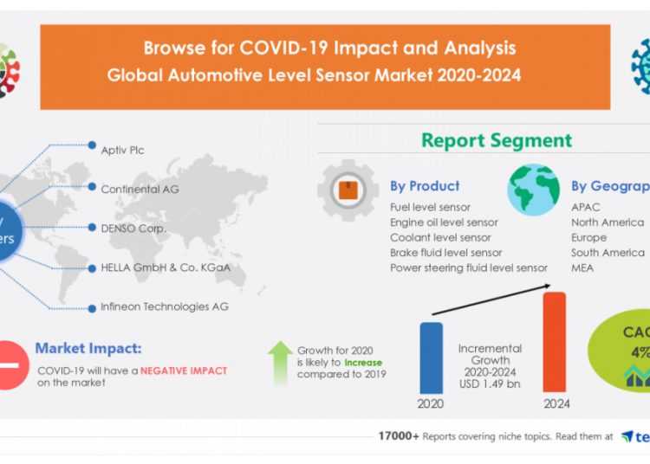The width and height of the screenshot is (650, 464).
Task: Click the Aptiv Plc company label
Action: point(122,151)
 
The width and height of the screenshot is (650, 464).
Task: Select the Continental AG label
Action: point(140,189)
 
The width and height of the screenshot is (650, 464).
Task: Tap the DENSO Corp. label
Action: point(133,229)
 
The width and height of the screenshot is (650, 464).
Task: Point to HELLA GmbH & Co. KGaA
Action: point(166,267)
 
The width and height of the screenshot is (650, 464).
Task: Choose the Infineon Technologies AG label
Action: point(165,306)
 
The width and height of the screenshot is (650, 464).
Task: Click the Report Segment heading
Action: point(497,140)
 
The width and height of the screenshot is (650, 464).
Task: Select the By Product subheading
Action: point(425,186)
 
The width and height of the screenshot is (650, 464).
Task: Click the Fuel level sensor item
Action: point(430,208)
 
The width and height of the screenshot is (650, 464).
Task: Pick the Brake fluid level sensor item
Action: point(445,253)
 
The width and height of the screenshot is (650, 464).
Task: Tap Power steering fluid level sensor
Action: point(468,268)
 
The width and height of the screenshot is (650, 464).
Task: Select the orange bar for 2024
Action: point(554,343)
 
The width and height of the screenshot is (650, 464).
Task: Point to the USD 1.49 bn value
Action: point(491,384)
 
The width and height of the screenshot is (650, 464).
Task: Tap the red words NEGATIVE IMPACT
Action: point(185,371)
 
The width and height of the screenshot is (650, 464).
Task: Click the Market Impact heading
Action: point(88,349)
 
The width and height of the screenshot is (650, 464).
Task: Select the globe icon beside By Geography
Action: point(533,190)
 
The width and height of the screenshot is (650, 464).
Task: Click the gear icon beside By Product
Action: point(348,190)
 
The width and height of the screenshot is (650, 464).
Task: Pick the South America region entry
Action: point(608,253)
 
